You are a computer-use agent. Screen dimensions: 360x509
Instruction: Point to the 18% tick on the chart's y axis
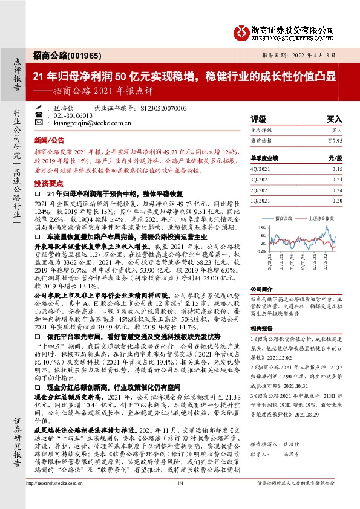(x=261, y=228)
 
